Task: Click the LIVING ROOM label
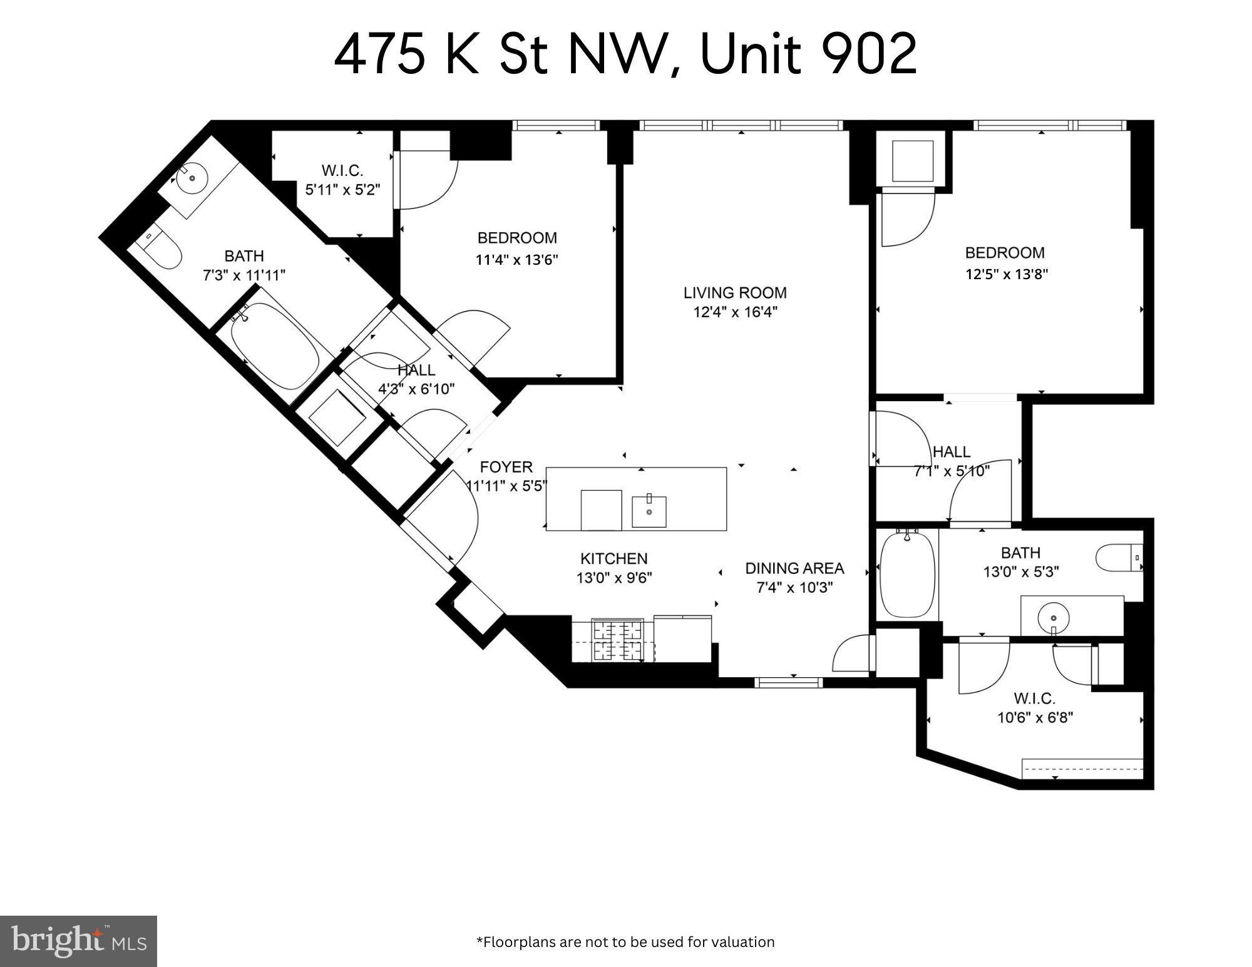735,292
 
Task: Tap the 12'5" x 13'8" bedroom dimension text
1006,274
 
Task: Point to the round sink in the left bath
191,179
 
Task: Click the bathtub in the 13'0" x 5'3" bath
907,575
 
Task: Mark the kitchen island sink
649,511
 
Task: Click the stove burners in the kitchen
617,639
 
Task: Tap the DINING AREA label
794,568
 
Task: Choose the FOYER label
506,467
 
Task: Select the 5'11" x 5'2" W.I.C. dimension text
342,190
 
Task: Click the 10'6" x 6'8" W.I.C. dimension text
1035,717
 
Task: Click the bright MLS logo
78,941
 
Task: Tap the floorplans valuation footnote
625,942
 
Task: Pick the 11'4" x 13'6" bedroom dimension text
516,259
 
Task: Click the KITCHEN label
614,558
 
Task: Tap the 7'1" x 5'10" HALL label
952,452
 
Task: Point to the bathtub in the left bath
274,344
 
